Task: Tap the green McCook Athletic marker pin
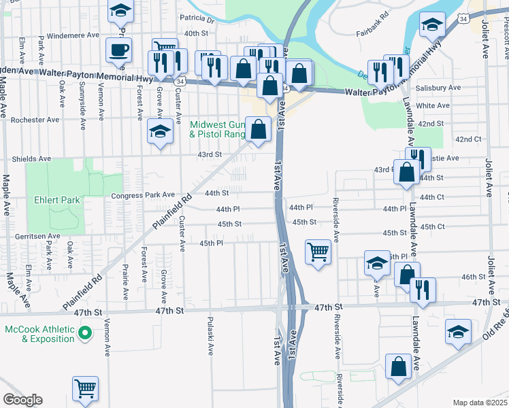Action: [x=85, y=333]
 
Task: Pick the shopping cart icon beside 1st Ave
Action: [x=318, y=252]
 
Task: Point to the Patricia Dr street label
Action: [x=197, y=20]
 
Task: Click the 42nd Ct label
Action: [x=468, y=139]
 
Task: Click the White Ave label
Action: [x=433, y=105]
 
